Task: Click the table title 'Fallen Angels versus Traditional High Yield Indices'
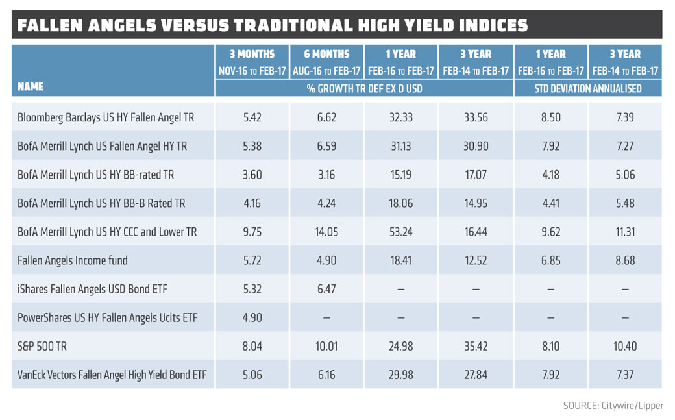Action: point(273,25)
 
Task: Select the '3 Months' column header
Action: point(252,55)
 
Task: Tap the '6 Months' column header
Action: point(326,55)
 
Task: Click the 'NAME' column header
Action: point(31,86)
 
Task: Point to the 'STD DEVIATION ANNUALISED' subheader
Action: point(588,88)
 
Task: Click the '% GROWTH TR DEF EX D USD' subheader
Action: point(364,88)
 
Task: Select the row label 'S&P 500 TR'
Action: point(43,346)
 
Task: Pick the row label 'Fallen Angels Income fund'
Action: point(73,260)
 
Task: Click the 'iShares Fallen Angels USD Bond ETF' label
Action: point(92,289)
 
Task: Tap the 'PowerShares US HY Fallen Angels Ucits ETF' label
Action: point(107,317)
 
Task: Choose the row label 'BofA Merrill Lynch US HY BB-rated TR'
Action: point(96,175)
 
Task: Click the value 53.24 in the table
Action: point(400,232)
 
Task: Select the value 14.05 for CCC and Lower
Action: point(326,232)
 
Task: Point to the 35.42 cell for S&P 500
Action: point(476,346)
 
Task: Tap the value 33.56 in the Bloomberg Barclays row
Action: point(476,117)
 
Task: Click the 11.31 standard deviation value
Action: point(625,232)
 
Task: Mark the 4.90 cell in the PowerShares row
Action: point(252,317)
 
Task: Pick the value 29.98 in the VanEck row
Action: point(400,375)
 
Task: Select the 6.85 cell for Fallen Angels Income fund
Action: point(550,260)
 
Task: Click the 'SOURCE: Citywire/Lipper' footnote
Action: point(613,406)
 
